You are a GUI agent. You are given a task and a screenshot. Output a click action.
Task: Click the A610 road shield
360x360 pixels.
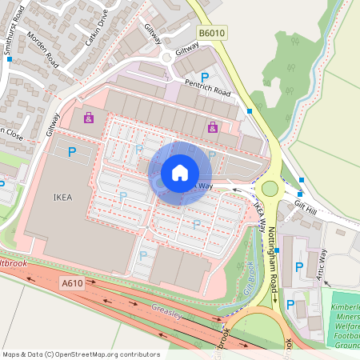pos(70,283)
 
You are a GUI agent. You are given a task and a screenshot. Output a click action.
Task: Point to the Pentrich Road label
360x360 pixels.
pos(206,94)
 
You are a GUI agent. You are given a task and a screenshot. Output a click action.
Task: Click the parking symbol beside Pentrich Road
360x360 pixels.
pos(206,78)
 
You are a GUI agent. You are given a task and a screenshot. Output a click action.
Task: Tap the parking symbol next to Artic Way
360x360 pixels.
pos(300,267)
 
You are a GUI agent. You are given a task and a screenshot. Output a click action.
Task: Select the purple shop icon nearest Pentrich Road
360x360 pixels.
pos(212,126)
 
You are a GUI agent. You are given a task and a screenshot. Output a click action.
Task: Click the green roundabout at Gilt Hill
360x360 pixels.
pos(270,189)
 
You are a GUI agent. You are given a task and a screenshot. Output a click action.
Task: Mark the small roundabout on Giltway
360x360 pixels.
pos(166,56)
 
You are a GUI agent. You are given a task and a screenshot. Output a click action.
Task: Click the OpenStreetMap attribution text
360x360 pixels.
pos(80,354)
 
